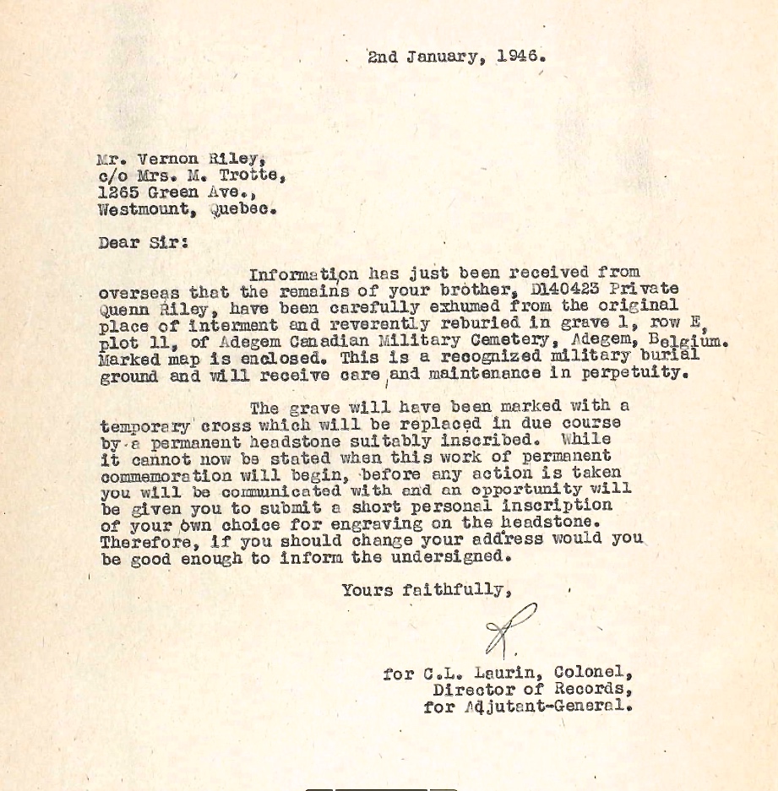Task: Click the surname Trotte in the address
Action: (x=253, y=175)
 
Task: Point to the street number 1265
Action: (x=119, y=192)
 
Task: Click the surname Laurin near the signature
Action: (x=499, y=673)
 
